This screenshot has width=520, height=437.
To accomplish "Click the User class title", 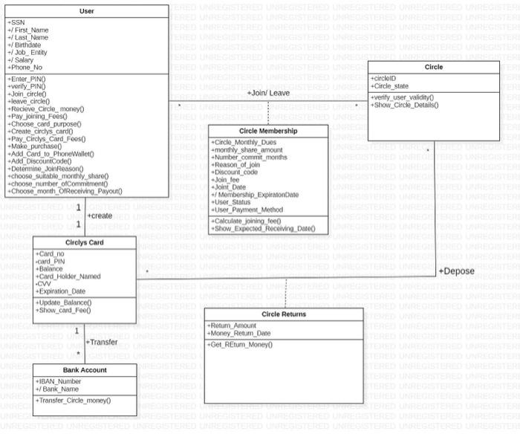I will tap(87, 11).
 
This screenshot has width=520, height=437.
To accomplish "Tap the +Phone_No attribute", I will tap(25, 67).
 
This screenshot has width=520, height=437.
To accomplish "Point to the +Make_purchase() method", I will tap(35, 146).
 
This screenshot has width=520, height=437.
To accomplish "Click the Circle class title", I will tap(433, 67).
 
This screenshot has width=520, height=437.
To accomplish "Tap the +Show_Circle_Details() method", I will tap(405, 105).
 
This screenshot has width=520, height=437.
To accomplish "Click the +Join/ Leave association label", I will tap(268, 93).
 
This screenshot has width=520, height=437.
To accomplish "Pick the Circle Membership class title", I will tap(268, 130).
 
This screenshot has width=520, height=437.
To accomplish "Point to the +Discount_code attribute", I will tap(235, 172).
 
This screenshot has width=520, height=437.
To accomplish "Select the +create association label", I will tap(100, 216).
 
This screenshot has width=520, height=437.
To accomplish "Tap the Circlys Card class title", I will tap(84, 243).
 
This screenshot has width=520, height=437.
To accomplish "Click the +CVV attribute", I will tap(44, 283).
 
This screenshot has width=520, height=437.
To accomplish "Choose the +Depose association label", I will tap(455, 271).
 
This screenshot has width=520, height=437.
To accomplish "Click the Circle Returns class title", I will tap(284, 314).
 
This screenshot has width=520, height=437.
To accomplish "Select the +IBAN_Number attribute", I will tap(59, 381).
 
